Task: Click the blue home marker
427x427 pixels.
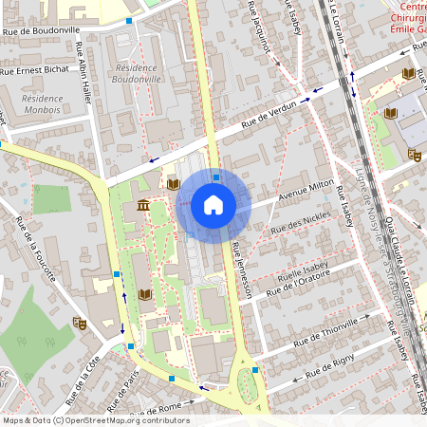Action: point(213,205)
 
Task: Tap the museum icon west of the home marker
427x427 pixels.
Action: point(143,206)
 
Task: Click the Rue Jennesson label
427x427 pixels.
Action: point(240,270)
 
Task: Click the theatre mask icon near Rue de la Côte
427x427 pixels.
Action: point(82,324)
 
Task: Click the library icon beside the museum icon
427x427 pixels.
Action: point(173,183)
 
